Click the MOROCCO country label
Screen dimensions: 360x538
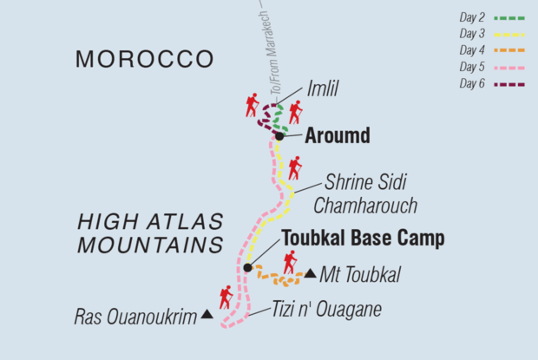coord(144,59)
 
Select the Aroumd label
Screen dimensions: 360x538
coord(338,135)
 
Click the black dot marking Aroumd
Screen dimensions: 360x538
coord(279,136)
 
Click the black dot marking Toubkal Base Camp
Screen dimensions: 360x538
coord(247,268)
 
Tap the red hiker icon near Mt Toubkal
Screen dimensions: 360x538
coord(290,262)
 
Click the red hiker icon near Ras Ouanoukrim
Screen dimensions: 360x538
coord(226,297)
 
